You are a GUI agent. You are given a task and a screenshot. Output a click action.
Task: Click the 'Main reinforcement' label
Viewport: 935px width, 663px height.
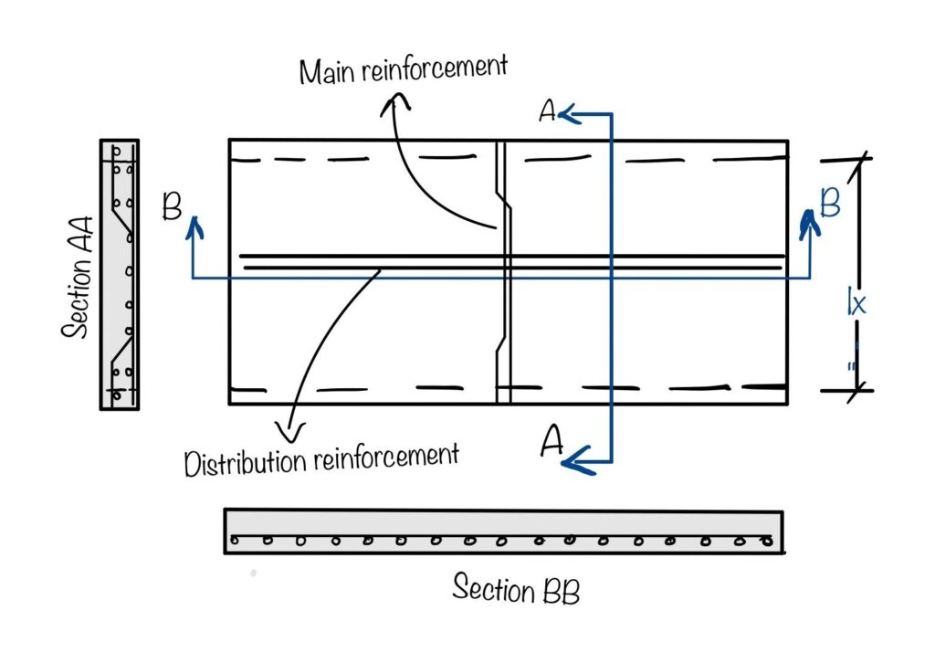pyautogui.click(x=404, y=68)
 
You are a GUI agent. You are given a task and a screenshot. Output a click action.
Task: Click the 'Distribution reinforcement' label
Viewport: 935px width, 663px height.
pyautogui.click(x=320, y=459)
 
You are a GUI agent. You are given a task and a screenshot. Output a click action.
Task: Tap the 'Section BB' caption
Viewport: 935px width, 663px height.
pyautogui.click(x=515, y=588)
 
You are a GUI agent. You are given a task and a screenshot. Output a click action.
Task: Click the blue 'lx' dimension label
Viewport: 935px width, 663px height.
pyautogui.click(x=855, y=303)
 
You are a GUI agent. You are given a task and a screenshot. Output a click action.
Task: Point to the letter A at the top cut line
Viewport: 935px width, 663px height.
pyautogui.click(x=548, y=111)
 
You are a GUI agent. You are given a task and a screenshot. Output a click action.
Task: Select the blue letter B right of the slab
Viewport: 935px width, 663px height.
pyautogui.click(x=830, y=204)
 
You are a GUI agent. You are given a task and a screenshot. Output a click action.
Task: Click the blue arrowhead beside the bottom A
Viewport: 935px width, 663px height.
pyautogui.click(x=573, y=462)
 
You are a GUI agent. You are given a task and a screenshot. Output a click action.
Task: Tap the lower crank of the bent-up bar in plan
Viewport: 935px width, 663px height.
pyautogui.click(x=501, y=347)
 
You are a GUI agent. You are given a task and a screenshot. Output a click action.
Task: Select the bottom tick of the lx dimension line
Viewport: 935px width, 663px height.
pyautogui.click(x=857, y=391)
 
